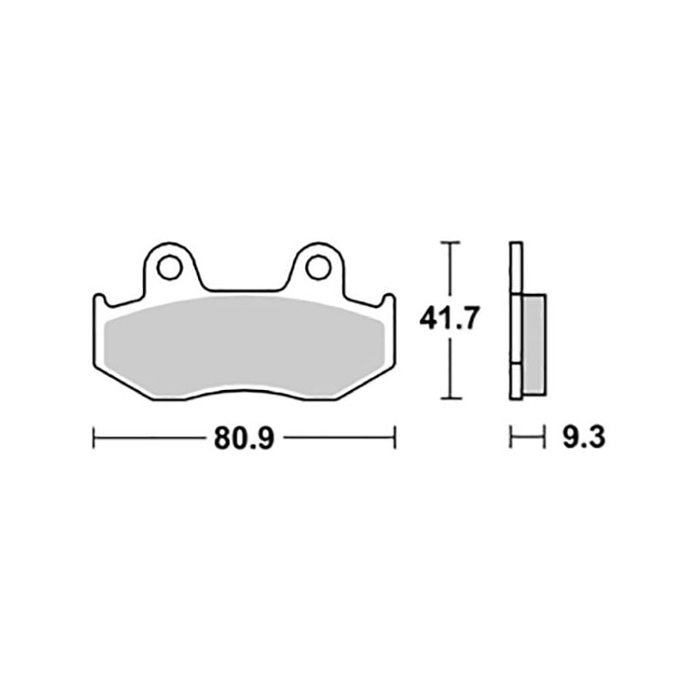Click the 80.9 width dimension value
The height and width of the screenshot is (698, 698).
point(244,439)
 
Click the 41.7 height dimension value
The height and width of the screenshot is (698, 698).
point(449,318)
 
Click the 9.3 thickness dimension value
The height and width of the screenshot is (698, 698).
point(584,438)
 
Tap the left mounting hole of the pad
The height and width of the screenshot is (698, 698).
point(169,268)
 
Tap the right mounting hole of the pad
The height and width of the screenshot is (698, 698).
point(318,268)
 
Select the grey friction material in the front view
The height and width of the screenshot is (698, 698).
point(244,346)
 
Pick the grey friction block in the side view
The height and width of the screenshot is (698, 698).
point(534,345)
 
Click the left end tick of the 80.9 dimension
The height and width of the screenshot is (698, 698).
point(93,438)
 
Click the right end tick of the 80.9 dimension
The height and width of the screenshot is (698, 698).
point(395,438)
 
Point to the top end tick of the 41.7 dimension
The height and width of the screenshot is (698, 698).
point(450,243)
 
